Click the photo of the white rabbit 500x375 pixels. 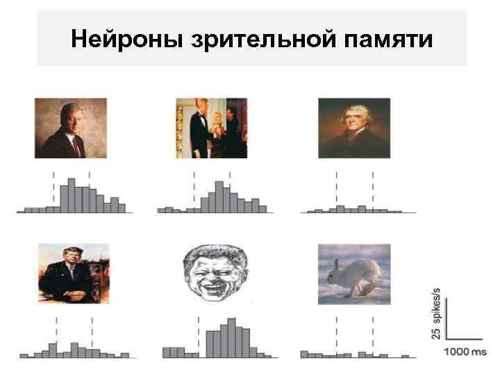click(353, 274)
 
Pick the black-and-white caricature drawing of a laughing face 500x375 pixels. click(212, 274)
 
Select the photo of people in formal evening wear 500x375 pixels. click(212, 128)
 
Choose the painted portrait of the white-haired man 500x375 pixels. click(353, 128)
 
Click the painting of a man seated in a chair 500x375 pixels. click(74, 274)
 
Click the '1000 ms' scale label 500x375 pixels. click(465, 352)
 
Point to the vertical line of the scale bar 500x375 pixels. click(447, 319)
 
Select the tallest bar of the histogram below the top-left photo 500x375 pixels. click(72, 195)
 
